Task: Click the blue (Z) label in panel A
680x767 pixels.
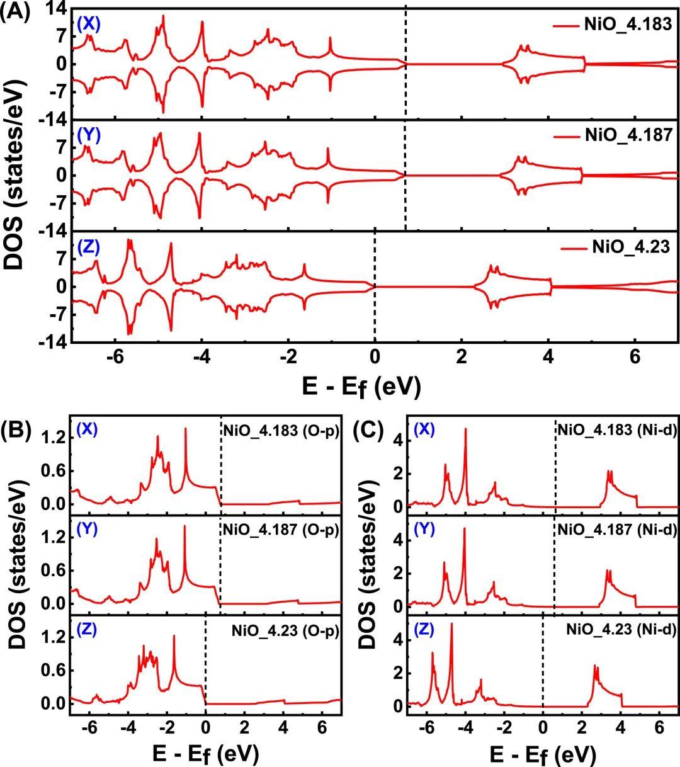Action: (x=89, y=247)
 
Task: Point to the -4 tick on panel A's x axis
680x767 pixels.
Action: (x=201, y=356)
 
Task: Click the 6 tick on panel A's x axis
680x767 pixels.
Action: (x=635, y=356)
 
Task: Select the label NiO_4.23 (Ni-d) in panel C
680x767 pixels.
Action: (x=621, y=628)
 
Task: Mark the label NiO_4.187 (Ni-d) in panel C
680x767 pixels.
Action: (x=616, y=530)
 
